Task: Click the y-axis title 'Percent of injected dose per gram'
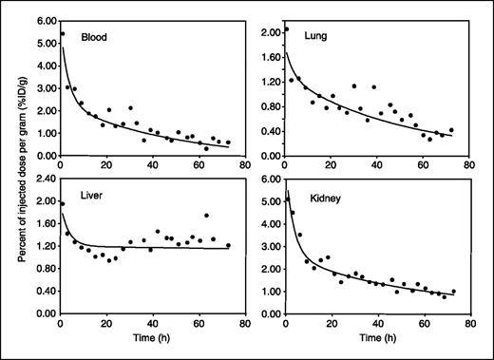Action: pyautogui.click(x=18, y=176)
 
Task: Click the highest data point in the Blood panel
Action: pyautogui.click(x=63, y=33)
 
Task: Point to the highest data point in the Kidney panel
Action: pyautogui.click(x=288, y=199)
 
